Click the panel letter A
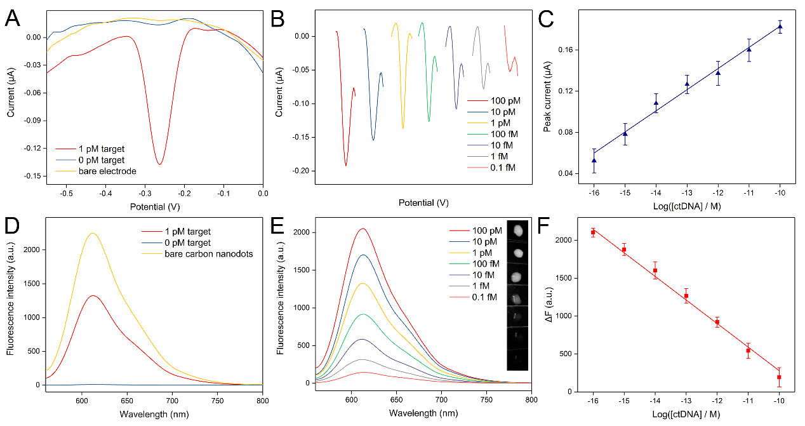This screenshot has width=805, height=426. tap(12, 18)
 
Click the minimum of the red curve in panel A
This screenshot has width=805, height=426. tap(159, 164)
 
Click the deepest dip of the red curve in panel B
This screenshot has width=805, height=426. tap(346, 166)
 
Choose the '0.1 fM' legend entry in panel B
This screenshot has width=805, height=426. tap(502, 168)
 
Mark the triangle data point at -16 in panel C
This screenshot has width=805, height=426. tap(594, 161)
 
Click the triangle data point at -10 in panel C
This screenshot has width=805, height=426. tap(780, 27)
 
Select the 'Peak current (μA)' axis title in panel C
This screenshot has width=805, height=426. tap(548, 97)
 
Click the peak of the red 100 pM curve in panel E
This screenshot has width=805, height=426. tap(363, 229)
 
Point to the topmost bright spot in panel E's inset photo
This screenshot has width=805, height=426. tap(518, 229)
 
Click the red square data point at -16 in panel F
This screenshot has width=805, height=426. tap(593, 232)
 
